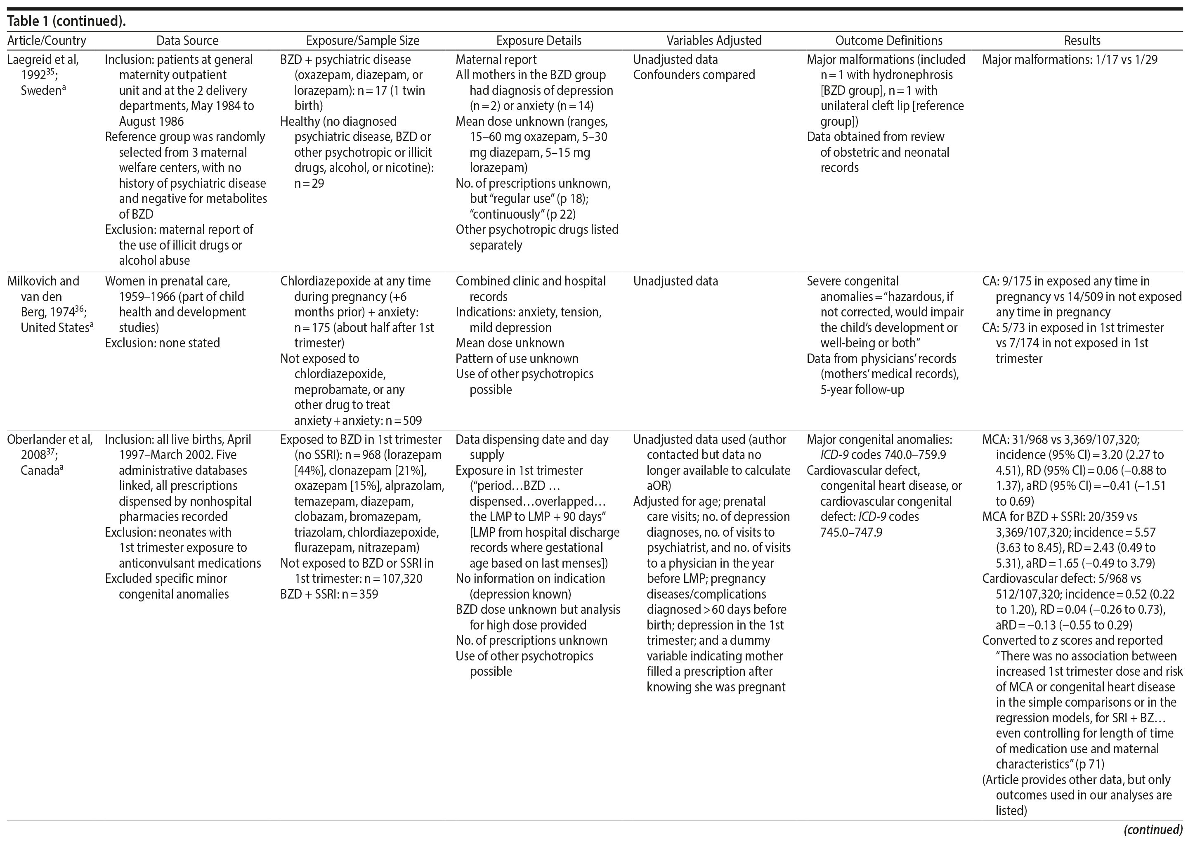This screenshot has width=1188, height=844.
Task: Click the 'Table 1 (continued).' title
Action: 66,21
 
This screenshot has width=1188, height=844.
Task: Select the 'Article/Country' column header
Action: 47,40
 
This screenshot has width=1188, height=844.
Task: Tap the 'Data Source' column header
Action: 187,40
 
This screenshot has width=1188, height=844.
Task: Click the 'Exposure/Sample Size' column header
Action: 362,40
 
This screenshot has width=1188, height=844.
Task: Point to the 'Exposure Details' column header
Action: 538,40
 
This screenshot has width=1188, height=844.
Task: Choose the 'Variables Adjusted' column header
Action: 714,40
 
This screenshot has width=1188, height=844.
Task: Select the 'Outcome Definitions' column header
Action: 888,40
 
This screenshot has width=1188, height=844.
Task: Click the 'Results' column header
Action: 1082,40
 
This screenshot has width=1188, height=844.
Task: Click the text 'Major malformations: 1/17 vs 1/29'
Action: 1070,60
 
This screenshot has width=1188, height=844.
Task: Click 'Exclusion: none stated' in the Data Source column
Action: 162,343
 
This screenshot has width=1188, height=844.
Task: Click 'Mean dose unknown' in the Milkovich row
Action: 510,343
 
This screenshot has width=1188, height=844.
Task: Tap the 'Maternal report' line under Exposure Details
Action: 496,60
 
